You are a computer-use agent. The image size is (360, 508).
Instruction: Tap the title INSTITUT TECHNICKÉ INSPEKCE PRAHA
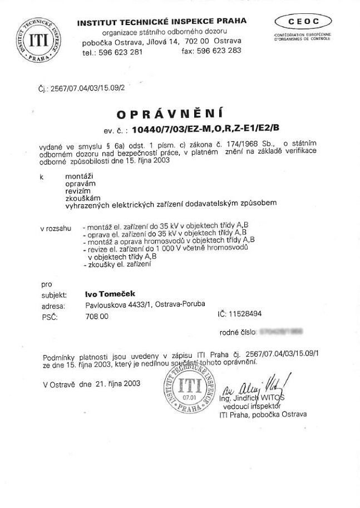click(x=162, y=22)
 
